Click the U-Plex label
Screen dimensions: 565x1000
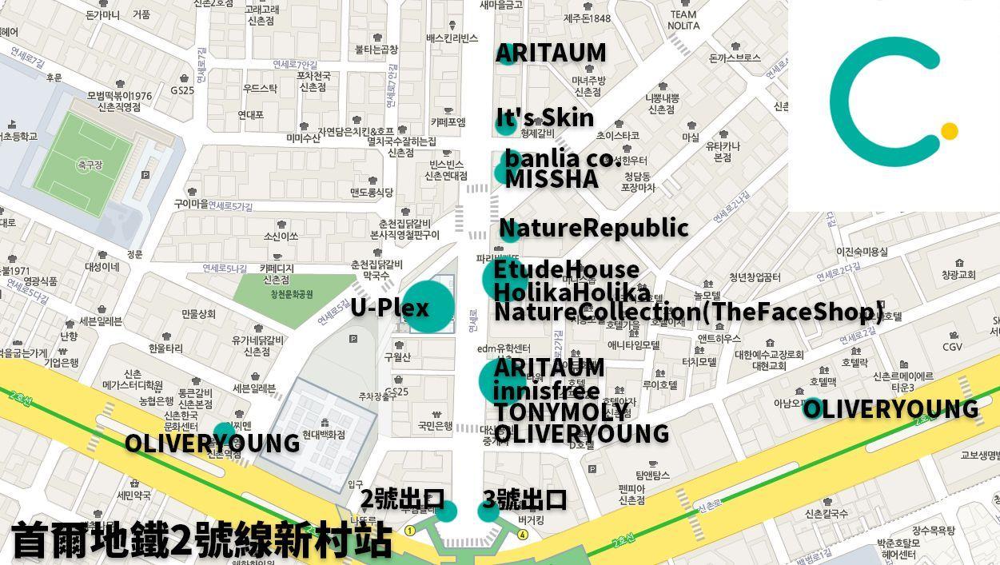coord(389,308)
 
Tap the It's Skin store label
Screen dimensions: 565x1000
coord(545,118)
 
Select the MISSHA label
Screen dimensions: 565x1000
coord(552,179)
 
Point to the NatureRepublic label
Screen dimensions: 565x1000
coord(593,228)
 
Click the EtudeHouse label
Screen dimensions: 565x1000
coord(566,269)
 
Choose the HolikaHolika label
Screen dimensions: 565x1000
coord(572,291)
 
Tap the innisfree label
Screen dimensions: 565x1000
coord(546,391)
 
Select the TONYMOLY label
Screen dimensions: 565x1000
coord(561,412)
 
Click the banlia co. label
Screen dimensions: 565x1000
coord(559,158)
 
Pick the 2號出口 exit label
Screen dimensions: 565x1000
coord(401,499)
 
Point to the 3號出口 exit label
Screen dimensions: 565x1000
coord(524,499)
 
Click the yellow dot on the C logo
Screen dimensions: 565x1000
coord(949,131)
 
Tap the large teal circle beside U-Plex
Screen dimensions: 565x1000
coord(428,306)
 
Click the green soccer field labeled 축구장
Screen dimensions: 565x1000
coord(83,164)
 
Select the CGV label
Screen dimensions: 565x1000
coord(952,347)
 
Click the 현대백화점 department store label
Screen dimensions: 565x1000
coord(324,435)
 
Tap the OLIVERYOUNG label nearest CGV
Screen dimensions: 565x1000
coord(890,409)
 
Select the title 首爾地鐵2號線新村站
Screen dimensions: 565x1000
coord(201,540)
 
